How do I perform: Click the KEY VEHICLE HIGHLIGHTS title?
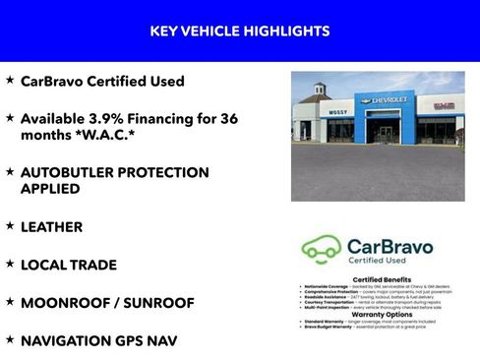(239, 31)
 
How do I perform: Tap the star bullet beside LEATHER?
(10, 226)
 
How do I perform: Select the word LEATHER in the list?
(51, 227)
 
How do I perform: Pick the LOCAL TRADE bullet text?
(69, 265)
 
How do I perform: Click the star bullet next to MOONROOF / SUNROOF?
(10, 302)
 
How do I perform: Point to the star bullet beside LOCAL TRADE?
(10, 264)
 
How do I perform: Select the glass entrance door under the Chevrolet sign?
(385, 131)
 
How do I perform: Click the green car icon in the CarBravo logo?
(321, 249)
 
